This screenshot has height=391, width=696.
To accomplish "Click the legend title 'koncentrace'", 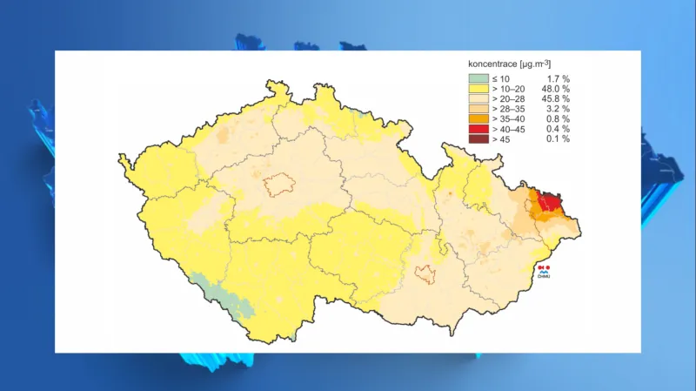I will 492,64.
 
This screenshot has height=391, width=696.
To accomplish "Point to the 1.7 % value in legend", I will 557,79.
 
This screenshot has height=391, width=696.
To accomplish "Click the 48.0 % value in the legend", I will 555,89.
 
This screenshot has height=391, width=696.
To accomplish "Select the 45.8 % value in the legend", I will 555,99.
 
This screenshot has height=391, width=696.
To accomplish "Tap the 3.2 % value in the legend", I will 557,109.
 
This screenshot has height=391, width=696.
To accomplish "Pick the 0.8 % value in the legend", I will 557,119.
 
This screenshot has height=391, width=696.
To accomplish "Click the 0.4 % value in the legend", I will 557,129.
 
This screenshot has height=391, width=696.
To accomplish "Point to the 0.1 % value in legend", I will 557,139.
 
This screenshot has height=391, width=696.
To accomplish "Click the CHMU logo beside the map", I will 544,272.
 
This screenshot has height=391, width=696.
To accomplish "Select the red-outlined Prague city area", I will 280,185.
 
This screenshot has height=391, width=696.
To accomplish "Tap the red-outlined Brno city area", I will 425,274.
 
